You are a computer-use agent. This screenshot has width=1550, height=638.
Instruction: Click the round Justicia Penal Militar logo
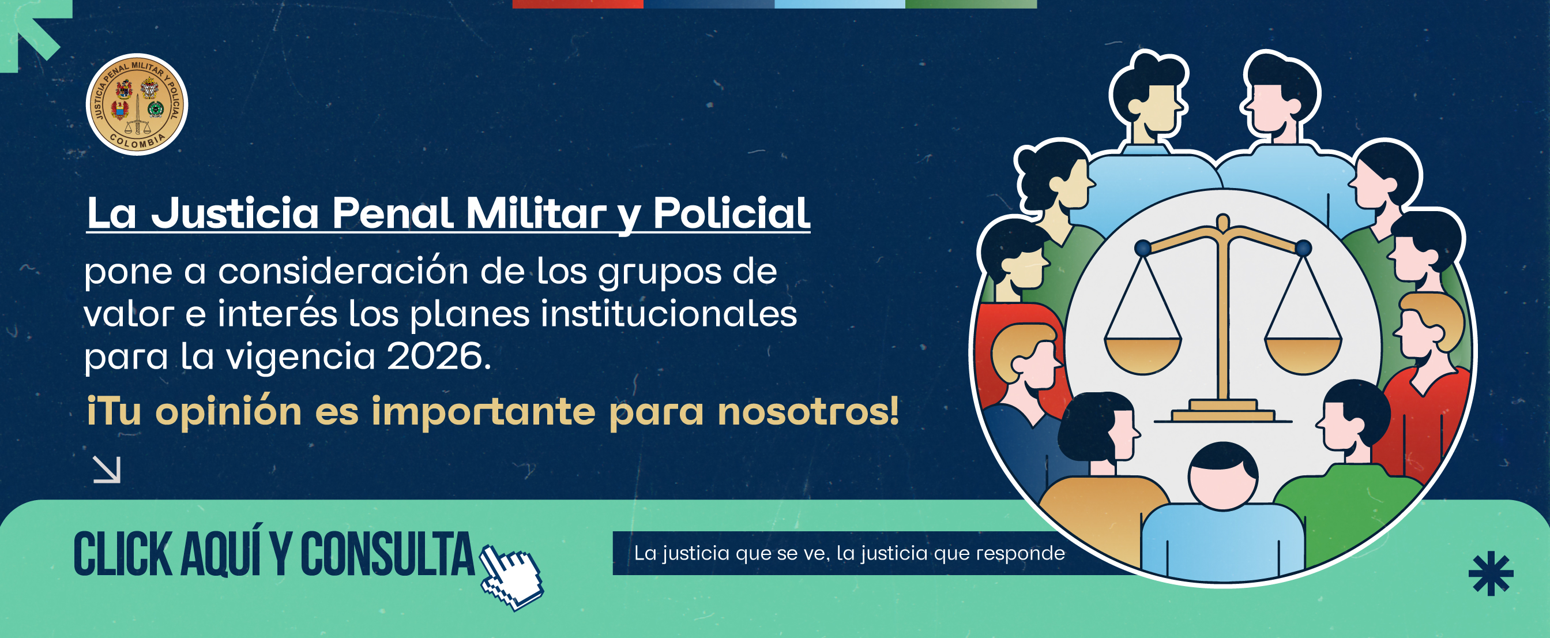tap(137, 105)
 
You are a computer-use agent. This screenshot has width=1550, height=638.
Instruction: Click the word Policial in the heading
tap(732, 213)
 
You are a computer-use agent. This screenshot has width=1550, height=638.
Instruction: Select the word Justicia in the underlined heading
tap(235, 213)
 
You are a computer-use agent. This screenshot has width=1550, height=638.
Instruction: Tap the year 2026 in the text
tap(439, 356)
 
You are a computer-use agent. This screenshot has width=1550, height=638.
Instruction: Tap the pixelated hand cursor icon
tap(512, 577)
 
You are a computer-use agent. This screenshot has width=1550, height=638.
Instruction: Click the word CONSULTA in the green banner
tap(387, 554)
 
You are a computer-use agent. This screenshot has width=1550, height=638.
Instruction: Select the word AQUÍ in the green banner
tap(221, 553)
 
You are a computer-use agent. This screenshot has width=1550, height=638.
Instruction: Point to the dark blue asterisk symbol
tap(1491, 573)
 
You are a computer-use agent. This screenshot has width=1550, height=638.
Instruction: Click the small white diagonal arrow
tap(107, 470)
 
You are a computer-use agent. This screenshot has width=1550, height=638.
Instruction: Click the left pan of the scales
tap(1143, 355)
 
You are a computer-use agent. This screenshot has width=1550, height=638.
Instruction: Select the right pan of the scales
tap(1303, 355)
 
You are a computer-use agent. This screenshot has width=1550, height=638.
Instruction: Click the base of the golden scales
tap(1222, 412)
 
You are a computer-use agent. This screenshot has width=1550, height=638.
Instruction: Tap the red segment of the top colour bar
tap(578, 4)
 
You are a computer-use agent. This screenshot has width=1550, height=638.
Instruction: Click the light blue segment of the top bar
tap(840, 4)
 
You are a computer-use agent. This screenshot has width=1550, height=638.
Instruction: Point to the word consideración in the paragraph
tap(343, 271)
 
